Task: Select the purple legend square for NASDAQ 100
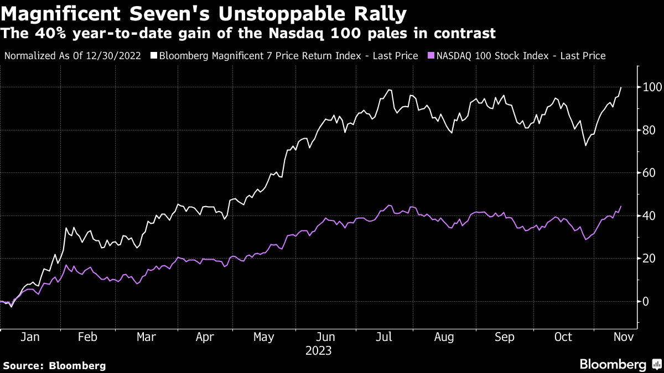430,56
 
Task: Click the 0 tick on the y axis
645,301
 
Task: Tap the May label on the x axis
263,338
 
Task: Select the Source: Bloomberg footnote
54,365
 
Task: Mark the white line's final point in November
621,87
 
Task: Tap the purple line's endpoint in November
621,206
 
